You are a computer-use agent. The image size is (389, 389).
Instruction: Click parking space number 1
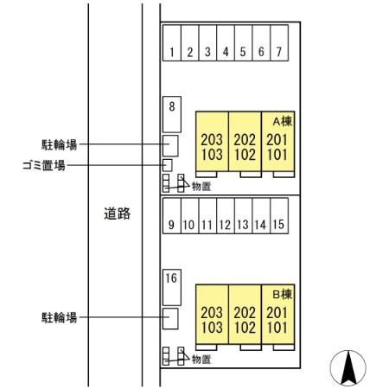pos(172,42)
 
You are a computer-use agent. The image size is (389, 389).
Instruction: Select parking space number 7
pos(279,42)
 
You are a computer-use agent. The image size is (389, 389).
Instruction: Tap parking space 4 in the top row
pos(226,42)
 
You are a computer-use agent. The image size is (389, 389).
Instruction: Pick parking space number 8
pos(172,114)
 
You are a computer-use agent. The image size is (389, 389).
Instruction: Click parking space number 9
pos(172,215)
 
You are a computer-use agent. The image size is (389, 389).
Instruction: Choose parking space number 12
pos(226,215)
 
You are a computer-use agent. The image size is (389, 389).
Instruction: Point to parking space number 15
pos(279,215)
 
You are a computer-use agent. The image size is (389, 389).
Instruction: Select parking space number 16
pos(172,287)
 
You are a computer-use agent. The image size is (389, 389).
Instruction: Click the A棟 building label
pos(283,121)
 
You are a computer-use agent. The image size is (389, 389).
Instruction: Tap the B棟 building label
pos(283,294)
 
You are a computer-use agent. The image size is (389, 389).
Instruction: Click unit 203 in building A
pos(212,140)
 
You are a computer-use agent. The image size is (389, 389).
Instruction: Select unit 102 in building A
pos(245,155)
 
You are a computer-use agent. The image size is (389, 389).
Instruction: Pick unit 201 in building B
pos(277,313)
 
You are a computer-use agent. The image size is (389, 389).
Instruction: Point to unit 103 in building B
pos(212,328)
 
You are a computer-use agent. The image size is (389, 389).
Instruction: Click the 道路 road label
pos(117,214)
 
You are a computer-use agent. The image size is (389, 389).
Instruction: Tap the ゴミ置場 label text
pos(44,165)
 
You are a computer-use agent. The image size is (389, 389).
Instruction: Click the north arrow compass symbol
pos(348,368)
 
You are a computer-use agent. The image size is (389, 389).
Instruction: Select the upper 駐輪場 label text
pos(60,144)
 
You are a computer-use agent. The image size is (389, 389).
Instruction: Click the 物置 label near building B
pos(201,360)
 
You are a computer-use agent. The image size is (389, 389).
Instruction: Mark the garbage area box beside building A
pos(168,165)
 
